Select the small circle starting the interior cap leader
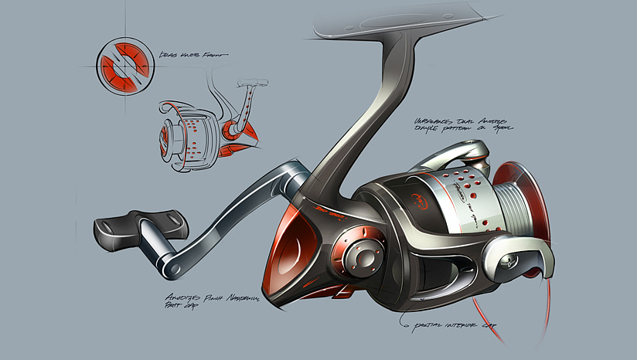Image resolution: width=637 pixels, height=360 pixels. tap(403, 315)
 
